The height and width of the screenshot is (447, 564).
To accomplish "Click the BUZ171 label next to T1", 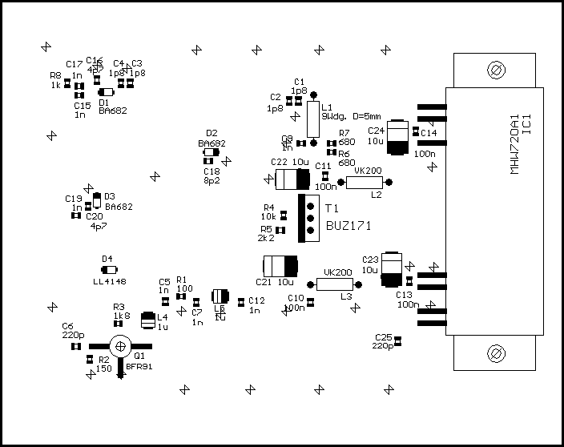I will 348,226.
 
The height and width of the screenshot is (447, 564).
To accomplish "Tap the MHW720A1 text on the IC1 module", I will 514,143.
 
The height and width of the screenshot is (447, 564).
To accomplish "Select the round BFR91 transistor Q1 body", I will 119,347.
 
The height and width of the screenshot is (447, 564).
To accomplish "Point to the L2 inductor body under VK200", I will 365,182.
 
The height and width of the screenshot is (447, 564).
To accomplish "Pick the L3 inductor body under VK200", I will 335,284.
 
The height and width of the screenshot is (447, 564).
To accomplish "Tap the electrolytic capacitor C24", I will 397,137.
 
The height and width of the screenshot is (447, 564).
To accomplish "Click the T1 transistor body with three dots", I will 308,217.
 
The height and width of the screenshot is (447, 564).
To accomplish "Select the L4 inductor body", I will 147,320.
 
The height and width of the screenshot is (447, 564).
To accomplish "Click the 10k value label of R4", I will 268,216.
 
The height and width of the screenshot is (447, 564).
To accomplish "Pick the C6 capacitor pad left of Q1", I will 76,346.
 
